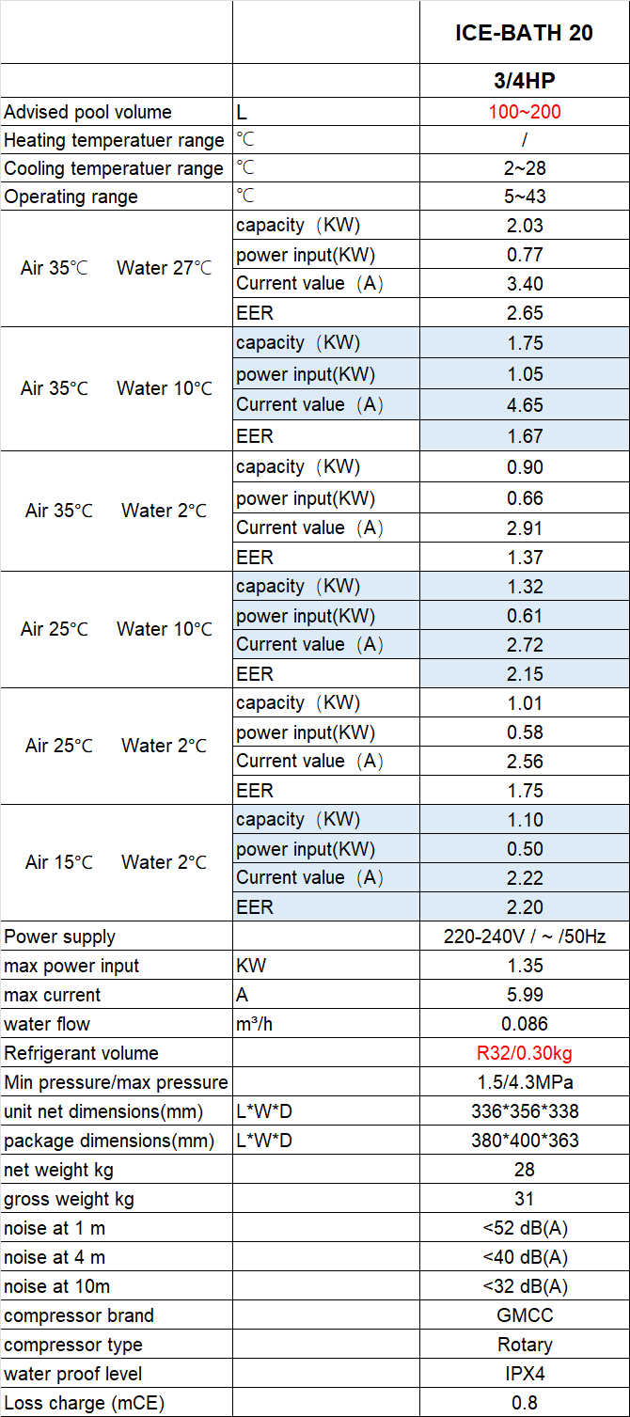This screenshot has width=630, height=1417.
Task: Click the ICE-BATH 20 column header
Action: coord(524,32)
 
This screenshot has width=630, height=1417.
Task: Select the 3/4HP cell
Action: coord(524,81)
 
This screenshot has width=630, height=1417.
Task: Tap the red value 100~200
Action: coord(524,112)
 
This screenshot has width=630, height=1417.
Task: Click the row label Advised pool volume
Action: coord(88,112)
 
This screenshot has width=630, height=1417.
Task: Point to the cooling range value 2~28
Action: coord(524,168)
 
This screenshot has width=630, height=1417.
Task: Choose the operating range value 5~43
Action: coord(524,197)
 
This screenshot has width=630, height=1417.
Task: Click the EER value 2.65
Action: coord(524,312)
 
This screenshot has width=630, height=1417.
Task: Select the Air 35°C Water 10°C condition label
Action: coord(117,388)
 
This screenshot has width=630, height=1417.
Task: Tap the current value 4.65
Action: coord(524,404)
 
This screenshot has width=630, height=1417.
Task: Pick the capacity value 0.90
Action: coord(524,467)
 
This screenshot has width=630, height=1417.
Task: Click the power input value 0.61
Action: coord(524,616)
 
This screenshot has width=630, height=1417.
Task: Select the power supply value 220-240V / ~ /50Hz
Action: coord(524,937)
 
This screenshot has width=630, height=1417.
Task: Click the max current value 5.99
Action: coord(524,995)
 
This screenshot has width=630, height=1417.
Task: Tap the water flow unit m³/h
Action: coord(255,1024)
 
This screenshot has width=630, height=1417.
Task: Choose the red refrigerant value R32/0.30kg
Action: coord(524,1053)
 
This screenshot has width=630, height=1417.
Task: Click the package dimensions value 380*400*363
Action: coord(524,1141)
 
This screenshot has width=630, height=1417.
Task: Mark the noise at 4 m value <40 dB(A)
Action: coord(524,1257)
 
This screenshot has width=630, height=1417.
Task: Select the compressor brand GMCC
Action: coord(524,1315)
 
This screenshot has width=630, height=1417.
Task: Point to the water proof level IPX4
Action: coord(524,1374)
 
